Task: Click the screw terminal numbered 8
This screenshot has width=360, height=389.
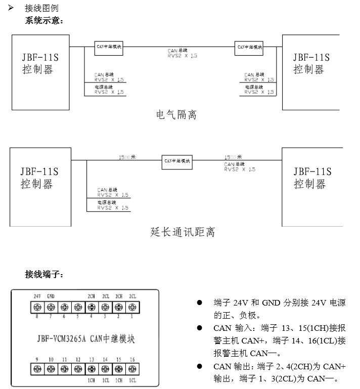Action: pyautogui.click(x=37, y=307)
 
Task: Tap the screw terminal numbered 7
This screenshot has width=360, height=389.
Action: pyautogui.click(x=51, y=307)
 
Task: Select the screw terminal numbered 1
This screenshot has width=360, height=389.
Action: pyautogui.click(x=132, y=307)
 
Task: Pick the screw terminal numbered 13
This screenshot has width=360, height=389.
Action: pyautogui.click(x=92, y=369)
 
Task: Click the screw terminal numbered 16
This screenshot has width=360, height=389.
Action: pyautogui.click(x=132, y=369)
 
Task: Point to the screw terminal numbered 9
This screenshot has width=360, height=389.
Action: pyautogui.click(x=37, y=369)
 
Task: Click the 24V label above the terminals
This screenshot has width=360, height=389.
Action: pyautogui.click(x=37, y=296)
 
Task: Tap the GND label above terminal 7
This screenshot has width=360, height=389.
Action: pyautogui.click(x=51, y=296)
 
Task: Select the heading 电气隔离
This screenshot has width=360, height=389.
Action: pyautogui.click(x=176, y=115)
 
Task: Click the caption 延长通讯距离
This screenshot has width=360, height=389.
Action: pyautogui.click(x=183, y=232)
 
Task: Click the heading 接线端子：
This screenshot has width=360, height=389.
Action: pyautogui.click(x=44, y=275)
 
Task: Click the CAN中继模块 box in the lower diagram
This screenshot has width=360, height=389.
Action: pyautogui.click(x=177, y=160)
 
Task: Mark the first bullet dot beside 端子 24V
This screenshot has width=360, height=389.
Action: pyautogui.click(x=200, y=303)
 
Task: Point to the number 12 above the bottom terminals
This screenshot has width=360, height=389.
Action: pyautogui.click(x=78, y=360)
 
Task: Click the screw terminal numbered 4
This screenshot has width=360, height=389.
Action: pyautogui.click(x=92, y=307)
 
